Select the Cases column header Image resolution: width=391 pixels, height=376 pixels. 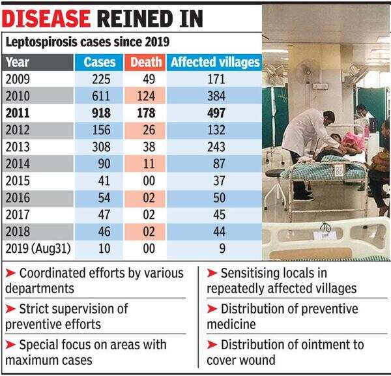(100, 63)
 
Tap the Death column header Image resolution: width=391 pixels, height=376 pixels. (142, 63)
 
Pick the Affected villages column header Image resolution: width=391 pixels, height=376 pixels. (214, 63)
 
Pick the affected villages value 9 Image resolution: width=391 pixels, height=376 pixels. (214, 248)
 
